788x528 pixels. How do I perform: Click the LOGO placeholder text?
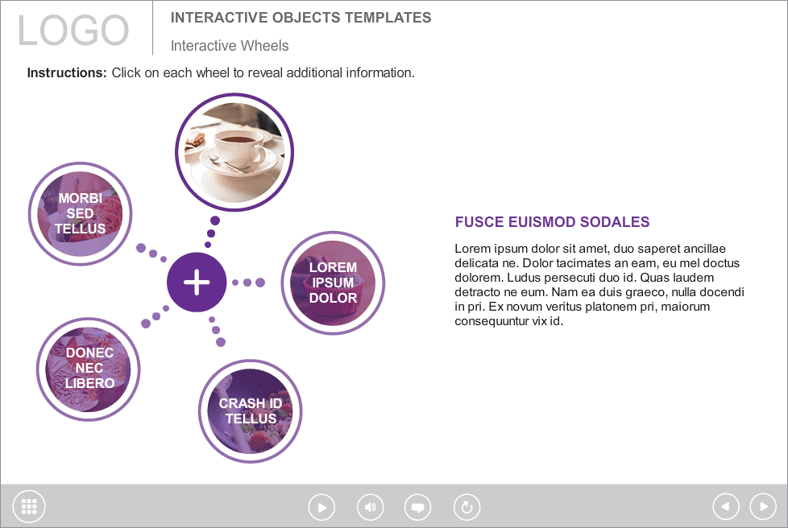[x=73, y=30]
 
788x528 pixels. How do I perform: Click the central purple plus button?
[x=197, y=282]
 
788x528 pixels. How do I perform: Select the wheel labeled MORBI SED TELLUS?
[x=81, y=213]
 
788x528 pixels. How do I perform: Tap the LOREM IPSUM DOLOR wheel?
[x=333, y=283]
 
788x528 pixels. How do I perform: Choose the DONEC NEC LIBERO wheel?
[x=89, y=369]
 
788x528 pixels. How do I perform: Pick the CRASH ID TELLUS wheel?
[x=251, y=411]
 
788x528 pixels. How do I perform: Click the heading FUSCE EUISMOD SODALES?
[x=552, y=222]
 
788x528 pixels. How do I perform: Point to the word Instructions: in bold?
[x=67, y=72]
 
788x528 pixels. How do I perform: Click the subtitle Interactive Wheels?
[x=230, y=46]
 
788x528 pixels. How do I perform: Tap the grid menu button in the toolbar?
[x=29, y=506]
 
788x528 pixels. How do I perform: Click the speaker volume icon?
[x=371, y=507]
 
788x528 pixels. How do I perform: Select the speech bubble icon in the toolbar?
[x=417, y=507]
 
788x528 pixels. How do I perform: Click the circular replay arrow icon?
[x=467, y=507]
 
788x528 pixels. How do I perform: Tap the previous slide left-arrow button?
[x=726, y=506]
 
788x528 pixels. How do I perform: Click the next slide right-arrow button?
[x=763, y=506]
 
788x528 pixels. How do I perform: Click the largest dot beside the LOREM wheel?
[x=260, y=283]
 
